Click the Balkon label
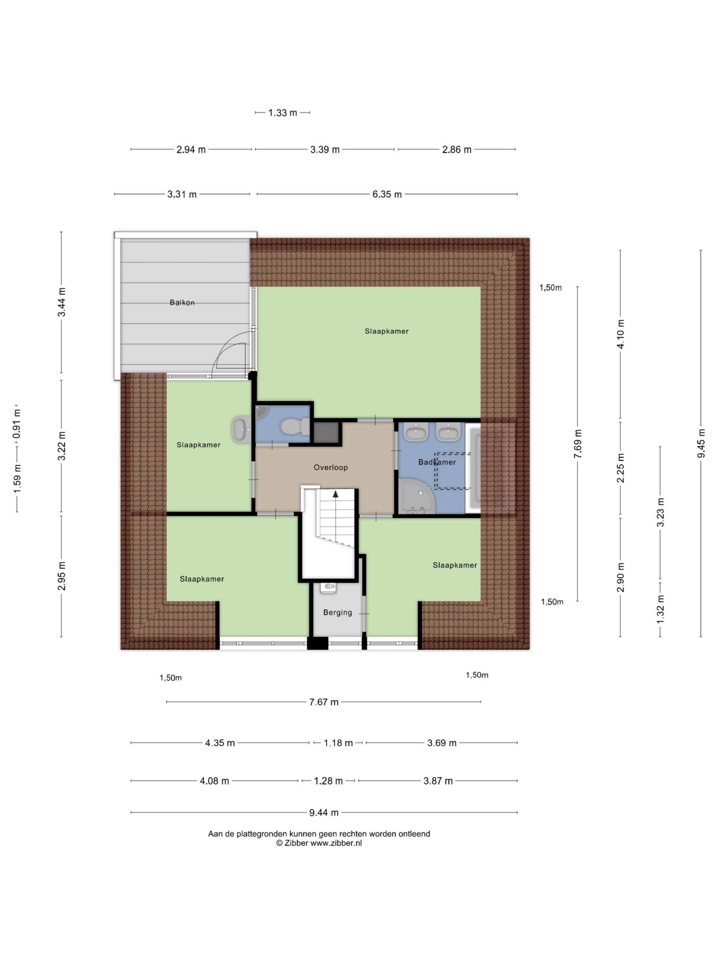[x=182, y=303]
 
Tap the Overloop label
[x=330, y=467]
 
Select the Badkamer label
[x=437, y=462]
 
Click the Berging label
[x=338, y=612]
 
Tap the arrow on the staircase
[x=335, y=494]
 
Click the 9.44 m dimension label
[x=324, y=812]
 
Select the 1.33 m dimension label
[x=283, y=113]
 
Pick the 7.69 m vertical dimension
[x=578, y=444]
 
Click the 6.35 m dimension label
[x=387, y=194]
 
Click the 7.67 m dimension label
[x=324, y=702]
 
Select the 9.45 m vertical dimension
[x=701, y=444]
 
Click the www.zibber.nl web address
[x=336, y=843]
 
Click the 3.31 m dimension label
[x=182, y=194]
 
